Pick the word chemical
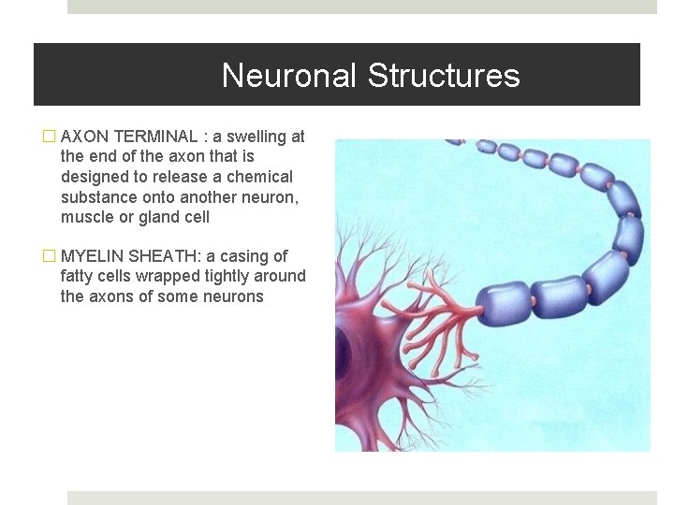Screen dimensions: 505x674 click(x=257, y=177)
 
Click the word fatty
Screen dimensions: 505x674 click(x=78, y=276)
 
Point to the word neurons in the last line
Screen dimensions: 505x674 click(x=234, y=296)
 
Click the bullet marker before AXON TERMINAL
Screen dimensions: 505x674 click(x=50, y=137)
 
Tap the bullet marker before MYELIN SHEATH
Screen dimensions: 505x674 click(x=50, y=256)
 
